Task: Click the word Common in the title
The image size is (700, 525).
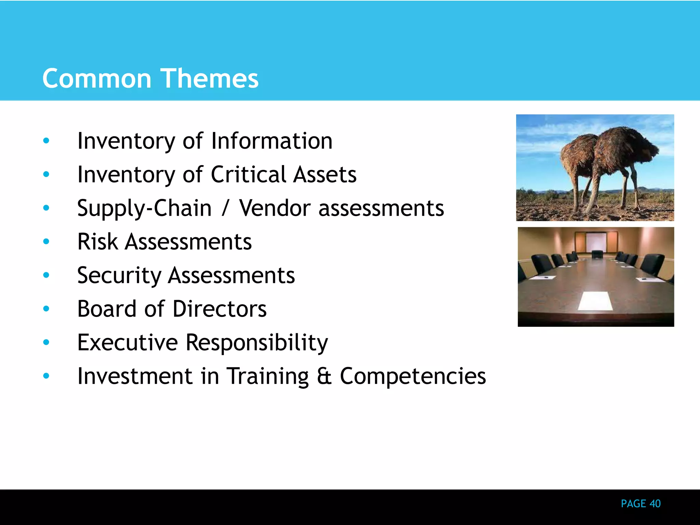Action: coord(97,79)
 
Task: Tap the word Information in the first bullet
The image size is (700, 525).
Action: coord(272,141)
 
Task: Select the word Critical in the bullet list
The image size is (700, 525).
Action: coord(248,174)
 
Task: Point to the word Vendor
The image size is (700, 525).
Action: coord(275,208)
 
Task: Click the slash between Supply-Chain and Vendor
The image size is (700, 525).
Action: coord(225,208)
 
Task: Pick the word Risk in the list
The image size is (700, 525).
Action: coord(97,242)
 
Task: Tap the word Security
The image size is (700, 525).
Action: coord(119,275)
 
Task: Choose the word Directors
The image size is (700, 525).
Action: coord(220,309)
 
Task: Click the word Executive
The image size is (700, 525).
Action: coord(127,342)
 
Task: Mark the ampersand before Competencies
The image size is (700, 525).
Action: coord(324,376)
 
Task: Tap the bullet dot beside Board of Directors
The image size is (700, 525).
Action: coord(46,309)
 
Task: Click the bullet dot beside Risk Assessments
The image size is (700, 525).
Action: coord(46,242)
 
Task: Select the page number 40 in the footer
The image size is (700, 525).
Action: coord(655,503)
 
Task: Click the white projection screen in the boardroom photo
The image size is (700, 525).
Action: coord(596,241)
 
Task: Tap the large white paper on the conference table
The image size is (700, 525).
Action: coord(596,301)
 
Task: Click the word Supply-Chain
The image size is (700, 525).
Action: coord(144,208)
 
